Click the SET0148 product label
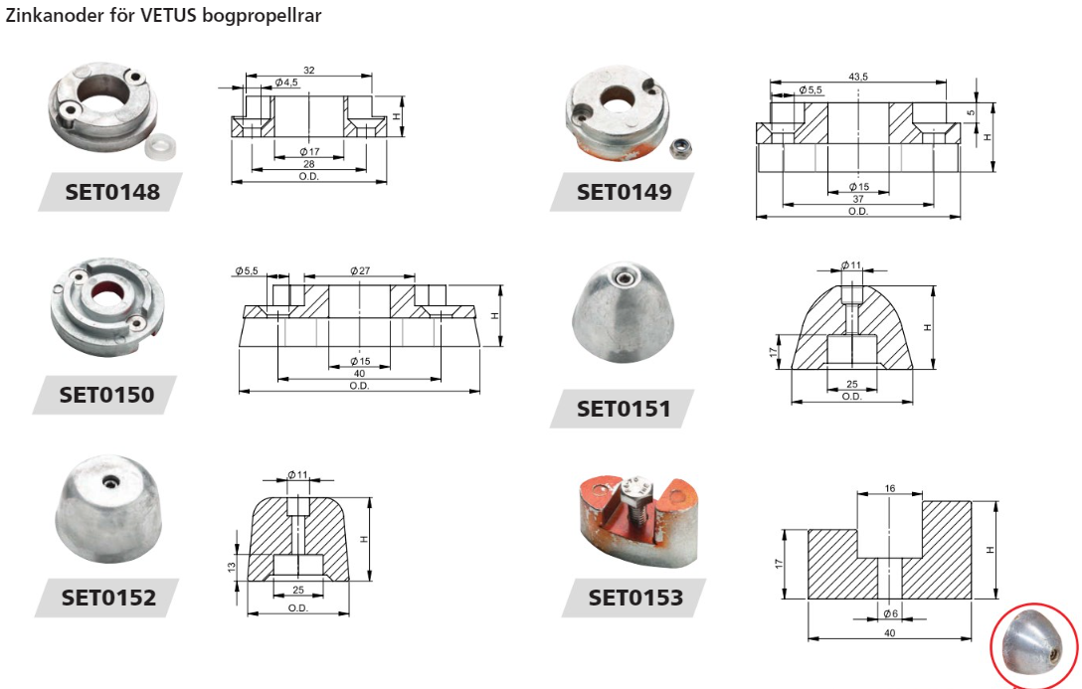[112, 192]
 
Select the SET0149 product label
[624, 192]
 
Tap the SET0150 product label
[107, 395]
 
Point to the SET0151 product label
[624, 409]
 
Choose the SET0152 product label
[109, 598]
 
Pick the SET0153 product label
[635, 598]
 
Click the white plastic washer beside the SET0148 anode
[162, 145]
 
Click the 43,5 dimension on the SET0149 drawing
[858, 77]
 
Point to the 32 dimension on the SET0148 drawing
[309, 71]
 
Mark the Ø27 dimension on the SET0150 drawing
[360, 271]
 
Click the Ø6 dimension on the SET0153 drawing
[890, 613]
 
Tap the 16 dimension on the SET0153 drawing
[889, 488]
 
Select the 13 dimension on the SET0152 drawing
[232, 567]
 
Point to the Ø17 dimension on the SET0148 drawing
[309, 152]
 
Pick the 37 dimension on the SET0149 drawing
[858, 199]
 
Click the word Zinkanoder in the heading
[55, 15]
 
